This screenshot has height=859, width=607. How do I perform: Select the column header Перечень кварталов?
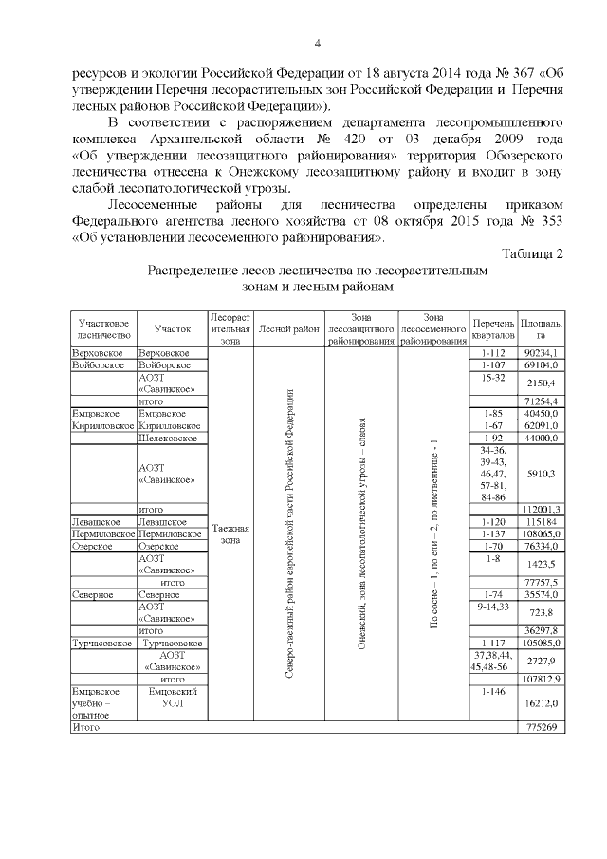[x=493, y=328]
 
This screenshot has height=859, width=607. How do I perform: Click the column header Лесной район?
[x=289, y=328]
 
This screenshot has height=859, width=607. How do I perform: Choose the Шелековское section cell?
[x=168, y=438]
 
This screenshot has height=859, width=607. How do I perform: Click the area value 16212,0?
[x=541, y=703]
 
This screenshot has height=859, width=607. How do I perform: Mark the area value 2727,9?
[x=541, y=659]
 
